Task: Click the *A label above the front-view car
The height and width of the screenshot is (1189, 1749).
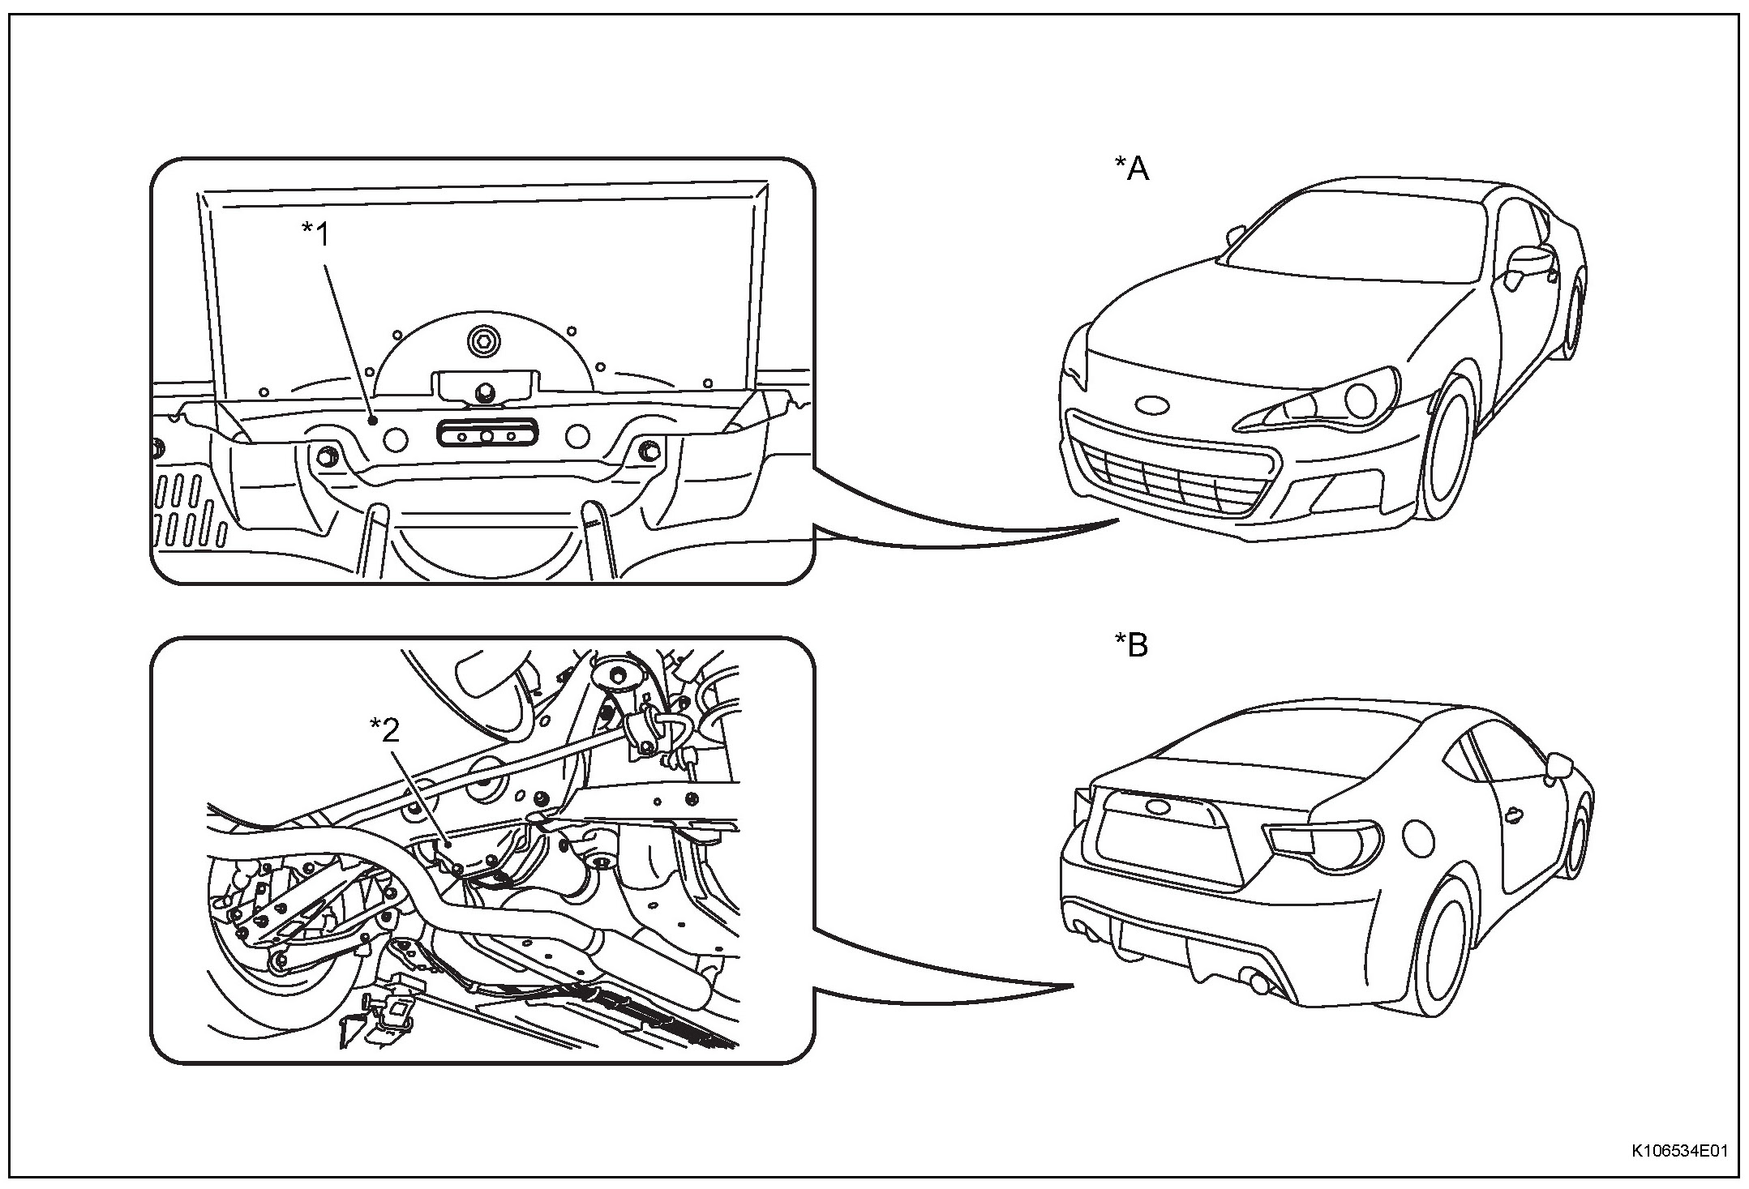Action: (x=1132, y=169)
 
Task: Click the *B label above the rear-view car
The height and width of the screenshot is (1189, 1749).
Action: (x=1132, y=647)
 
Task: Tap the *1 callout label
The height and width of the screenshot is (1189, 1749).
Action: (x=317, y=235)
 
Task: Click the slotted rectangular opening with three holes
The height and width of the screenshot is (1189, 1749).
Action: (x=487, y=434)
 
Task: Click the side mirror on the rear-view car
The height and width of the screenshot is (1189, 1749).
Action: (x=1558, y=764)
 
